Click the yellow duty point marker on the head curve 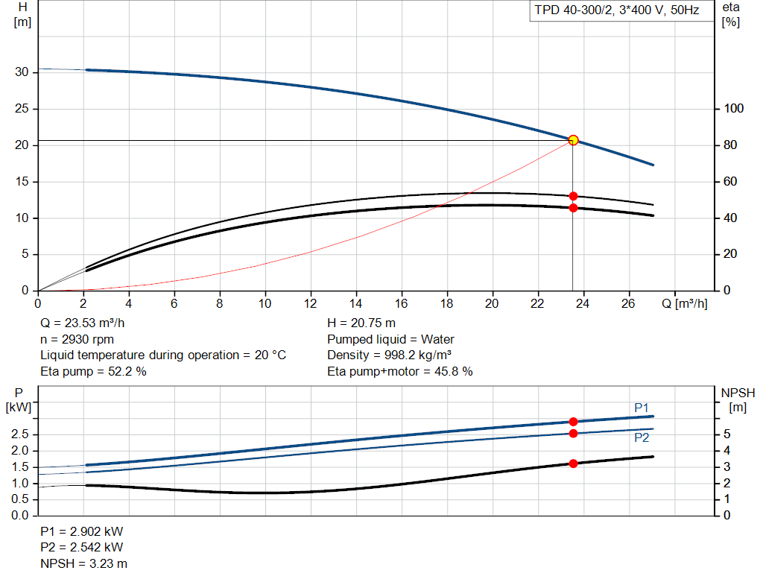[573, 140]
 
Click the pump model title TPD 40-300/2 [614, 11]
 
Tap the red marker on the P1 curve [573, 422]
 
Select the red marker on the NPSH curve [573, 464]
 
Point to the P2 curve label [641, 438]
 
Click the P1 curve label [641, 408]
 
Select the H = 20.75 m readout [361, 323]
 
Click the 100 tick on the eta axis [734, 109]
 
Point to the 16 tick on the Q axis [402, 303]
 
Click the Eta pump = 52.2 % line [93, 371]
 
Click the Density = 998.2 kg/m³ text [392, 355]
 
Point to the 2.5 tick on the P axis [20, 434]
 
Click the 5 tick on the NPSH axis [726, 434]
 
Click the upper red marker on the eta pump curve [573, 196]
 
